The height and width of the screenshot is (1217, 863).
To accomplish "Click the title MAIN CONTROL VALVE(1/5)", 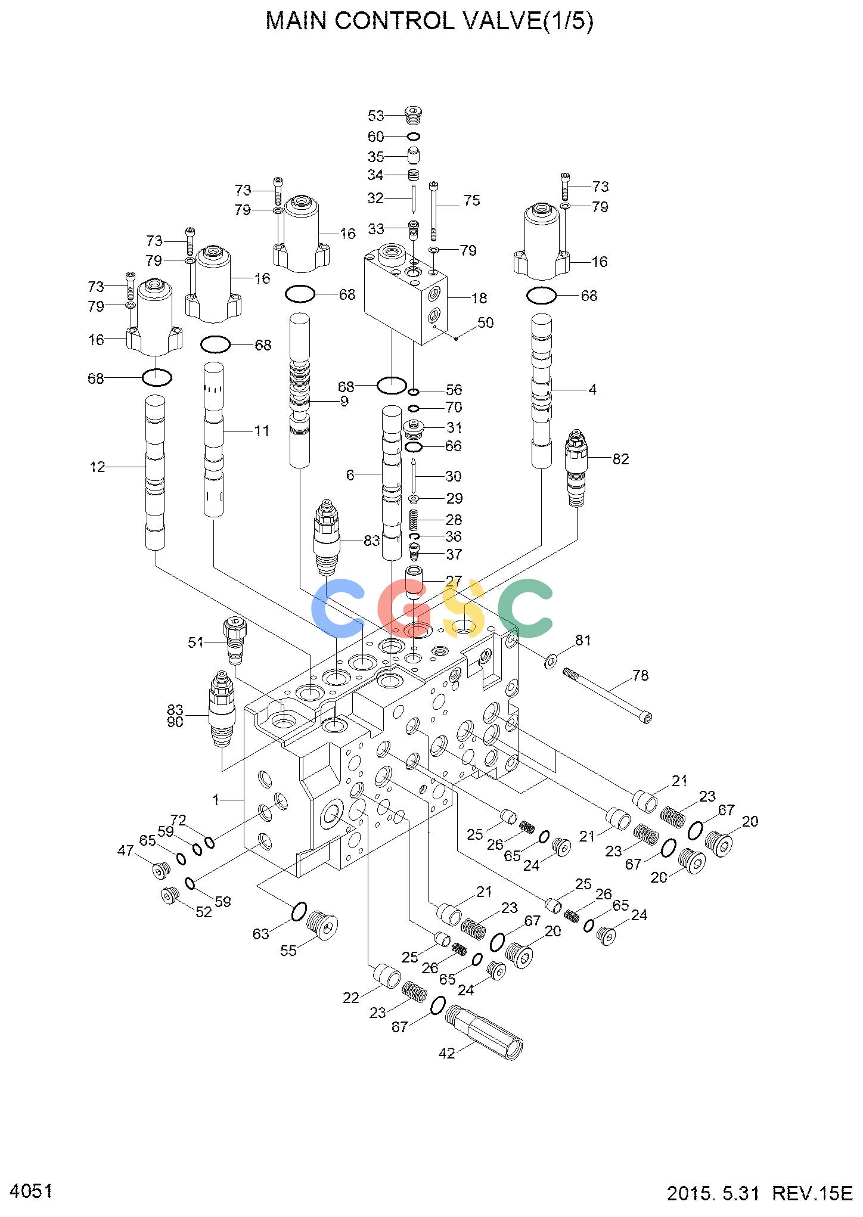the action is click(429, 22).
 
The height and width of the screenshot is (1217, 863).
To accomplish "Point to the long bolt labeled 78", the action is click(607, 696).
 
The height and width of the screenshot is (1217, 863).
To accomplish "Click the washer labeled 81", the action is click(551, 660).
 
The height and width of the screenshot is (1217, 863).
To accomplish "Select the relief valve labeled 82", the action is click(576, 468).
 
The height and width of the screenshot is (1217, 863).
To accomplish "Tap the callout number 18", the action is click(479, 298).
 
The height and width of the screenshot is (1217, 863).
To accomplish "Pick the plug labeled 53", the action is click(430, 113).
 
